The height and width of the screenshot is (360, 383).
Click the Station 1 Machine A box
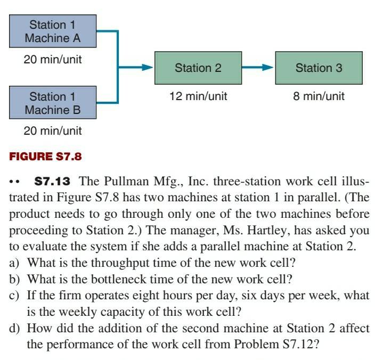[x=53, y=31]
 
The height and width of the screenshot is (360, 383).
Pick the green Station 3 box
[x=319, y=68]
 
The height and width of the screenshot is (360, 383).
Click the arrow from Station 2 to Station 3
[x=258, y=68]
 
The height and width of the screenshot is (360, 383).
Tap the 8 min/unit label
[x=319, y=96]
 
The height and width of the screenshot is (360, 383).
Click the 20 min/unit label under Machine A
[x=53, y=60]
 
